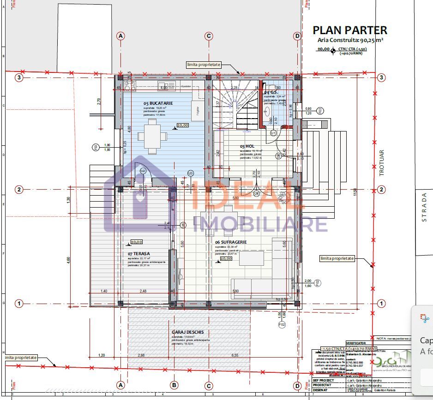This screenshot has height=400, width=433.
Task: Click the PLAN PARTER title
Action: tap(350, 30)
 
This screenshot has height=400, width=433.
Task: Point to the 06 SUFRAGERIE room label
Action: tap(231, 242)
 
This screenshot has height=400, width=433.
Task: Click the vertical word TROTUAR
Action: tap(381, 162)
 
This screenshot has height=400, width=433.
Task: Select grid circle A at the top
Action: tap(121, 36)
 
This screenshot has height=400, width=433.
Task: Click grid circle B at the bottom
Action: tap(174, 385)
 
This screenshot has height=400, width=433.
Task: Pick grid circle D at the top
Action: tap(297, 36)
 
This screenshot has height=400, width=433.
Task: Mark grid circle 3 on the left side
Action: tap(19, 78)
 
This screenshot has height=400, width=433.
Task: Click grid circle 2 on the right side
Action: tap(381, 189)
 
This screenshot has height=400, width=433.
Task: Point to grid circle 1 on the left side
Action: tap(19, 303)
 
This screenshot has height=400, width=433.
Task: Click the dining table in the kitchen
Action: tap(152, 136)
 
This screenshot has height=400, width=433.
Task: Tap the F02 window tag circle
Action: tap(282, 324)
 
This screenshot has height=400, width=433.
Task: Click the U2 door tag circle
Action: tap(143, 171)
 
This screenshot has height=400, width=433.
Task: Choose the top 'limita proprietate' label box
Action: tap(204, 65)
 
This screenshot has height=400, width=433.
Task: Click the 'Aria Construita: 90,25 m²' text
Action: tap(350, 41)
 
